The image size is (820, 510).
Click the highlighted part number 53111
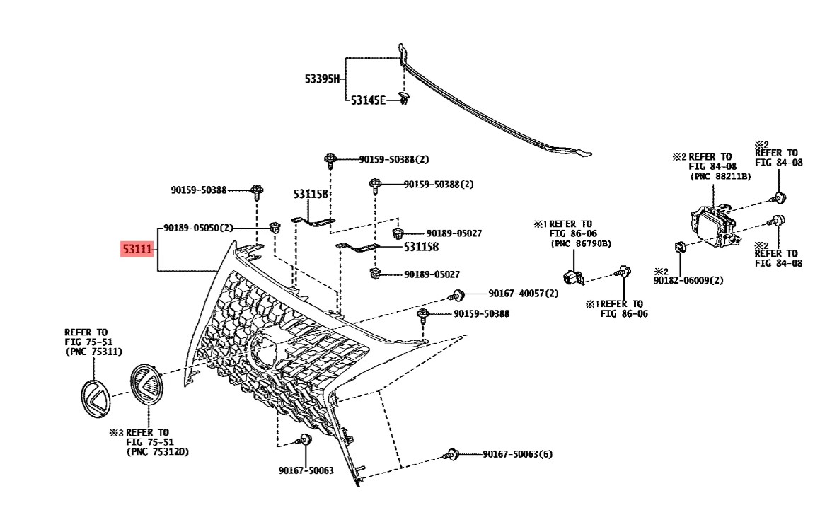137,249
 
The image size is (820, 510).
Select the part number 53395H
322,79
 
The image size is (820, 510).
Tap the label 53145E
368,100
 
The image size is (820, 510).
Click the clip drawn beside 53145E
404,98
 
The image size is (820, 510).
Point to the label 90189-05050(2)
198,228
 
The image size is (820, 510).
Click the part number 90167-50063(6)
517,454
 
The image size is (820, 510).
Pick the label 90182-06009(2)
688,280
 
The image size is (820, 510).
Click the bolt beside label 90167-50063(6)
451,455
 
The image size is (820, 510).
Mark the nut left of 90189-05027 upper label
398,232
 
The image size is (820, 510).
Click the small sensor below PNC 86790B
572,277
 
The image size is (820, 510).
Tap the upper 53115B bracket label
310,194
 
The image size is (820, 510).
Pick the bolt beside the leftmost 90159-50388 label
257,192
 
